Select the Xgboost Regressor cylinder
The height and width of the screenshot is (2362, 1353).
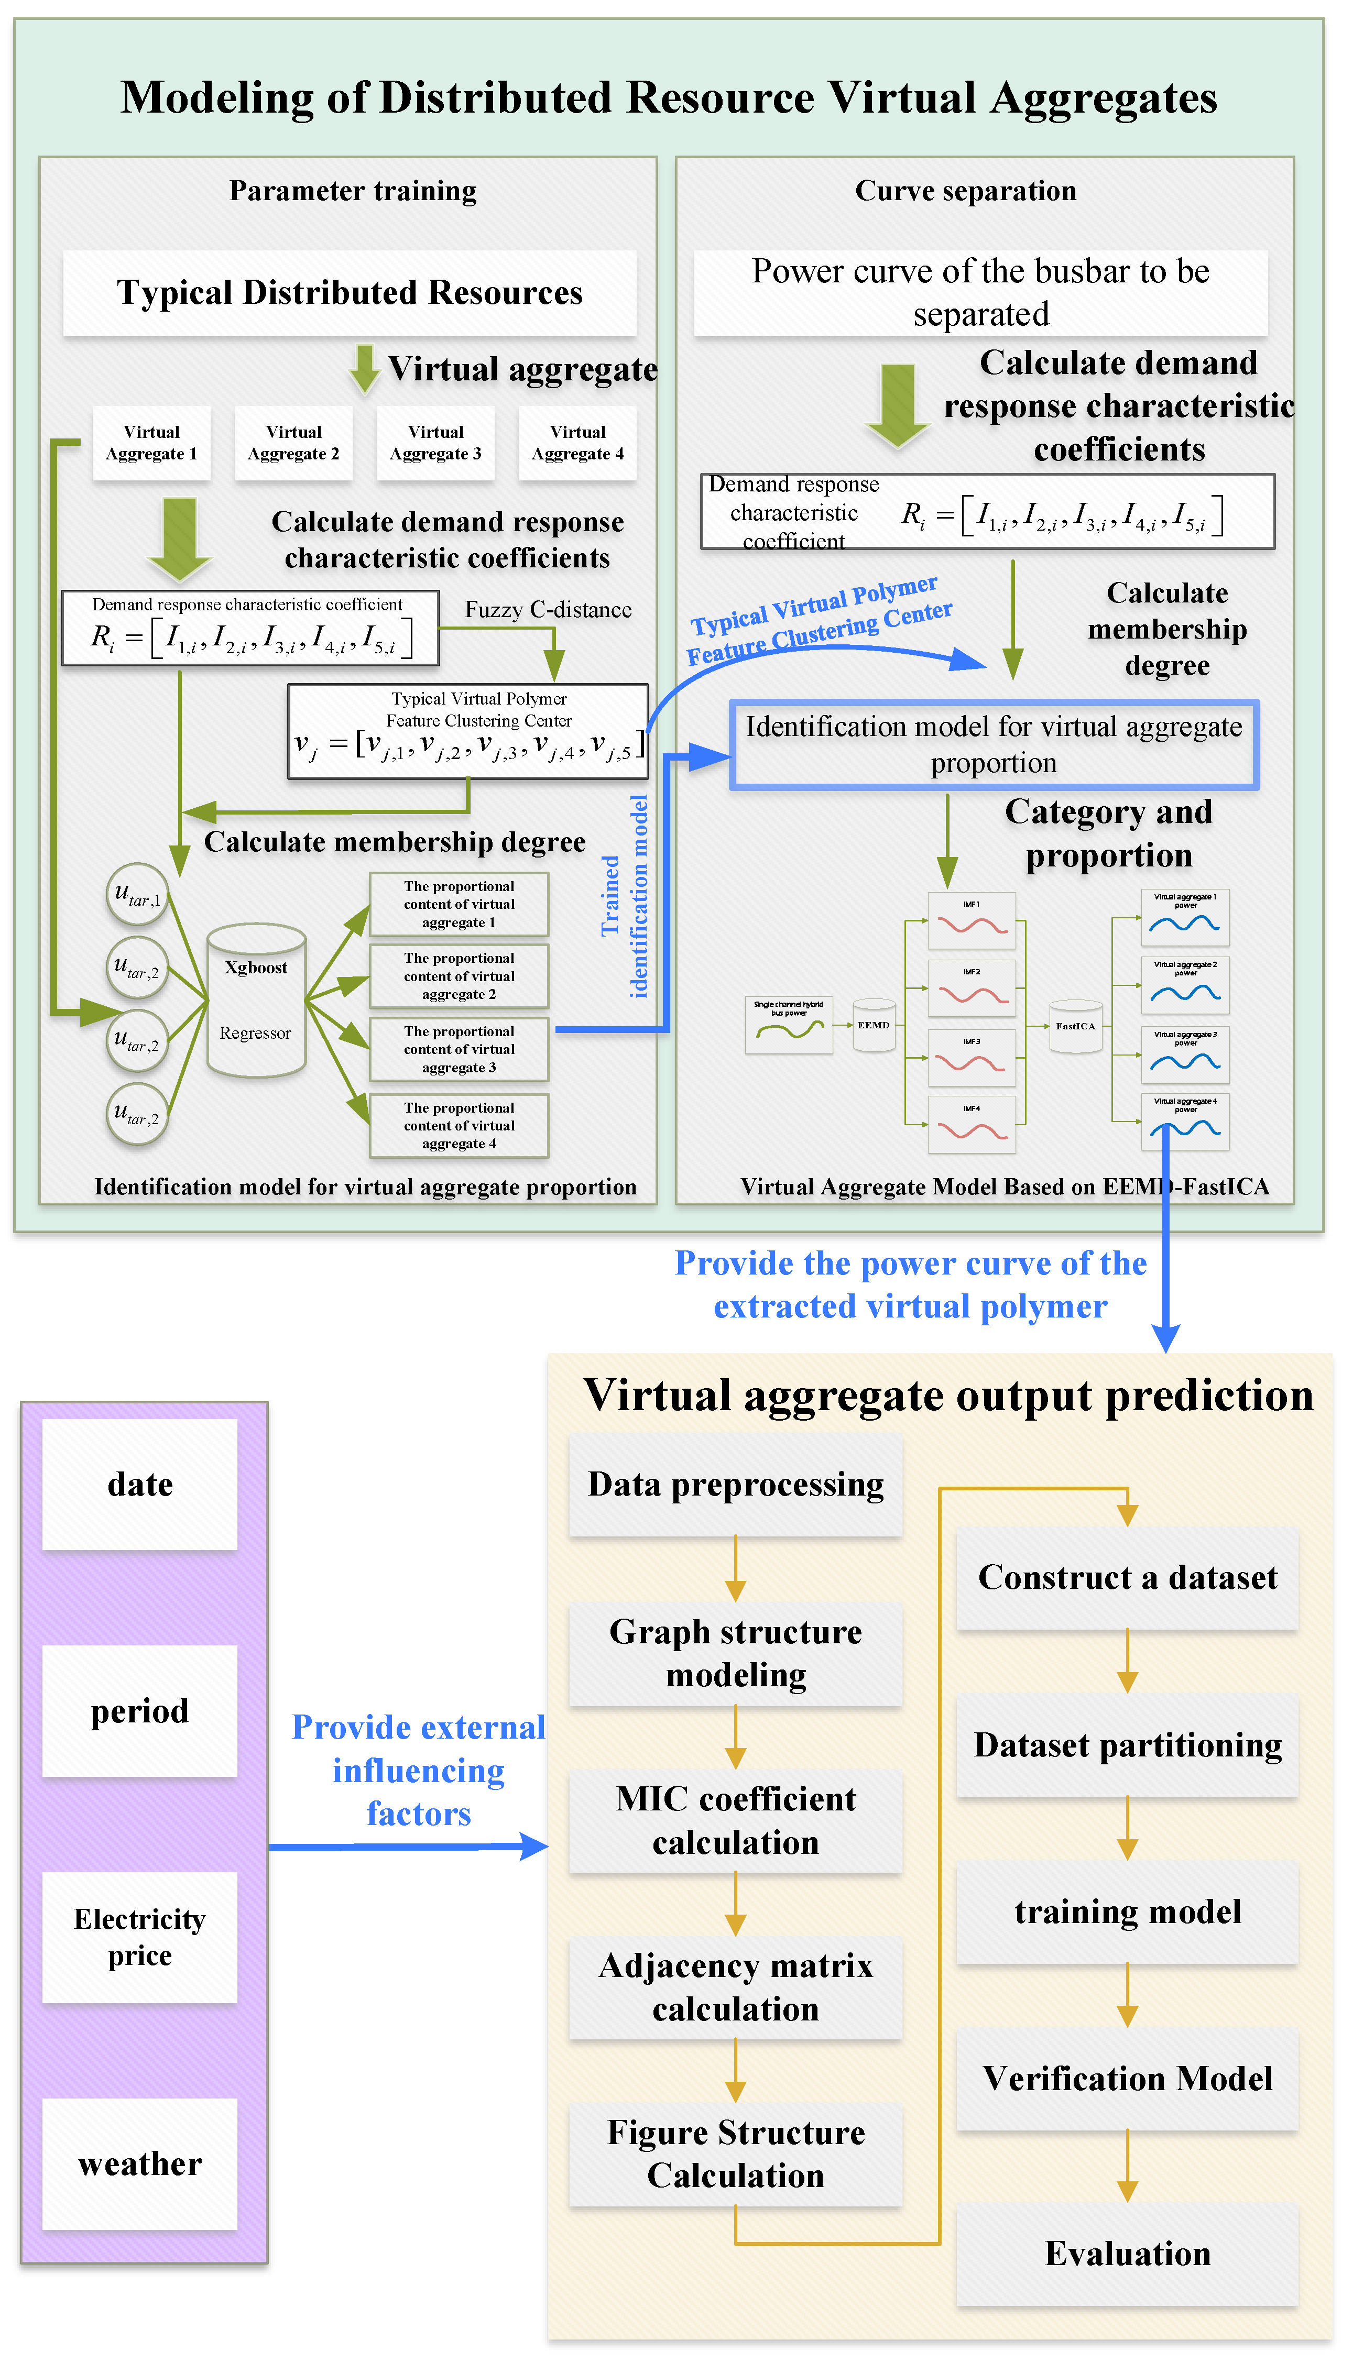click(x=256, y=1001)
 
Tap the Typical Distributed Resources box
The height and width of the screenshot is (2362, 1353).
click(x=350, y=293)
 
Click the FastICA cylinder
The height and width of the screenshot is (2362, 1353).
click(x=1075, y=1026)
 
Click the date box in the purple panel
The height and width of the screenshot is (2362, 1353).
click(x=139, y=1484)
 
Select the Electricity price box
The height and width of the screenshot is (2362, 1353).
click(x=139, y=1937)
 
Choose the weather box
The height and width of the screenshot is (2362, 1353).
click(x=139, y=2163)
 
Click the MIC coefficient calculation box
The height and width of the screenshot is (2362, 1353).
click(x=735, y=1820)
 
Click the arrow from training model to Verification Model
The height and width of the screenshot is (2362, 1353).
click(x=1127, y=1996)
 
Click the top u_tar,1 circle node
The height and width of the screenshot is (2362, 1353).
click(x=137, y=894)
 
